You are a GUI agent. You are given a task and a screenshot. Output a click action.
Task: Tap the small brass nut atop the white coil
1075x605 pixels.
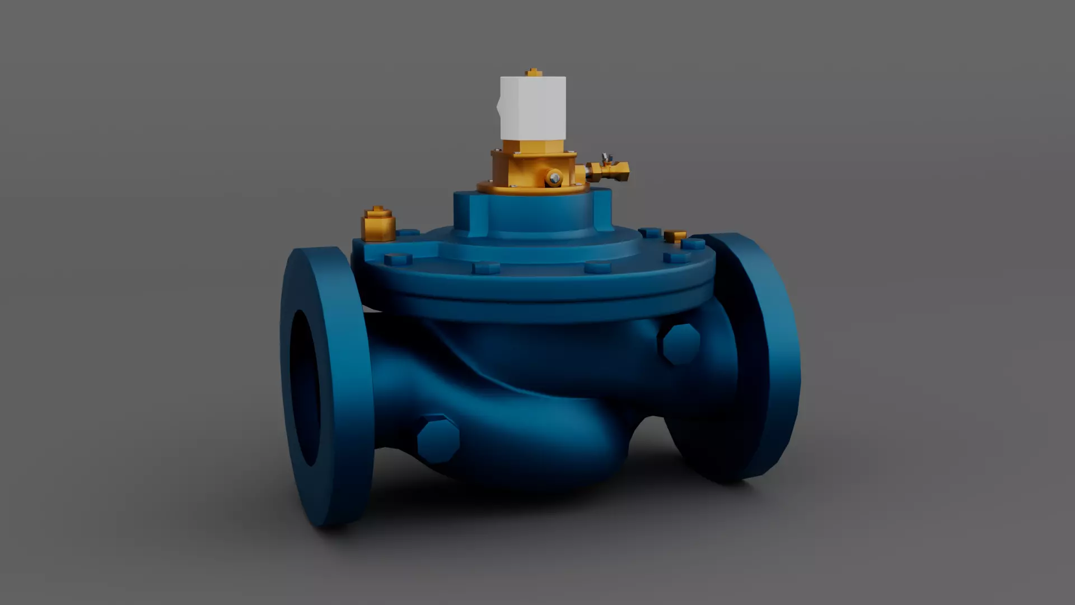point(534,72)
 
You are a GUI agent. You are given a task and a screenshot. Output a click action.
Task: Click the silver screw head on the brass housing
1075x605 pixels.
point(554,178)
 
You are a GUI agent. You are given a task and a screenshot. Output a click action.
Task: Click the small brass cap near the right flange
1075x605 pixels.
point(675,236)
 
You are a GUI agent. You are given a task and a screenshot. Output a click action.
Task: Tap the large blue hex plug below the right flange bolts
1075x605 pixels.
point(681,344)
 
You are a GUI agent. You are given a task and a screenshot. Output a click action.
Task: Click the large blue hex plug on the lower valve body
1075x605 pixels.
point(438,439)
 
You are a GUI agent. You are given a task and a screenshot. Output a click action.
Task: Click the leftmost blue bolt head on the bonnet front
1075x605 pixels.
point(398,259)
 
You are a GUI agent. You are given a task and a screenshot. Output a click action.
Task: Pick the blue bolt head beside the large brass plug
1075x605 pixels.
point(408,232)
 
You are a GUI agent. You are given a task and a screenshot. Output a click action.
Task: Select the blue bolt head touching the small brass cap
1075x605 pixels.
point(693,244)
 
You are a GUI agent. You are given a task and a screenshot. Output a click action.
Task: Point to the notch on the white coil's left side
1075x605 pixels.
point(499,104)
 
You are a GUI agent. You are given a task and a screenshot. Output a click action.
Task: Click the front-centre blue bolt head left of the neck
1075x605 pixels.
point(485,268)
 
